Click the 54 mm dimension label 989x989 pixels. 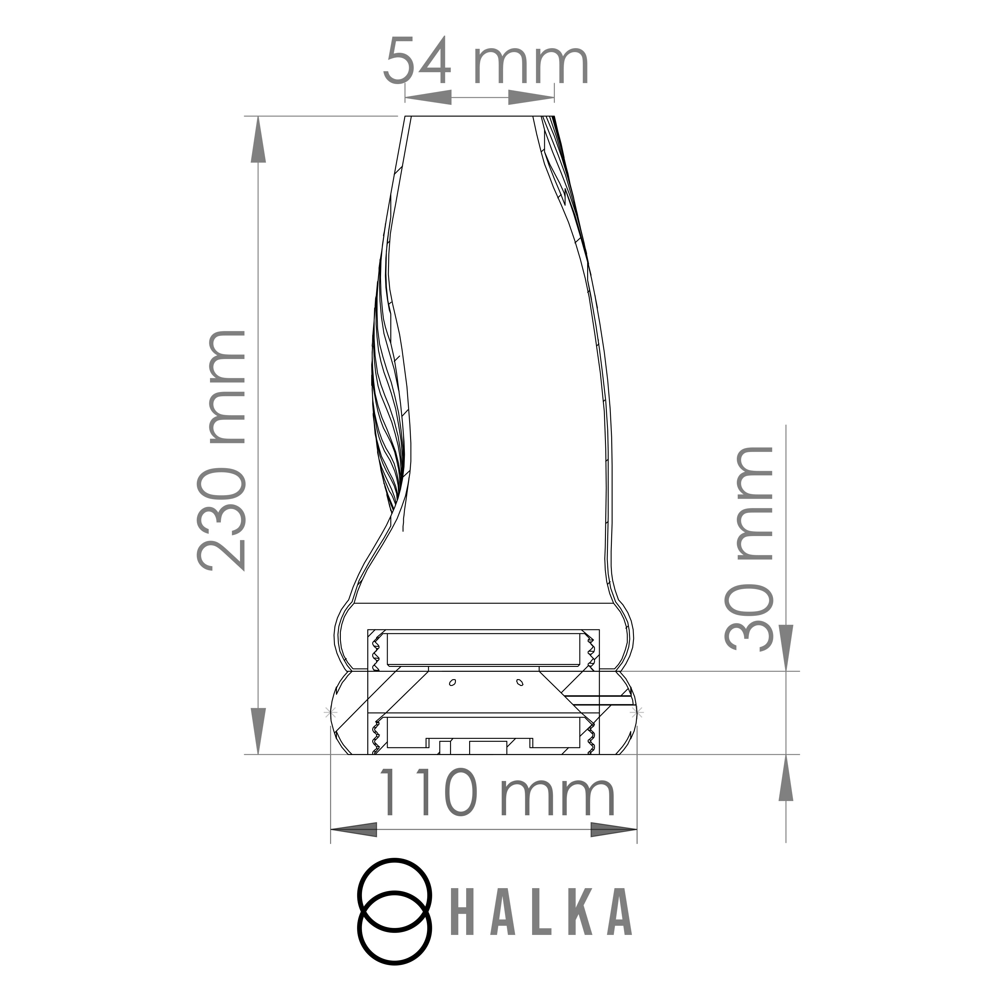pyautogui.click(x=486, y=60)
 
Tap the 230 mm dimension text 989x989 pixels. pyautogui.click(x=221, y=450)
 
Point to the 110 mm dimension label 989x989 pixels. pyautogui.click(x=495, y=793)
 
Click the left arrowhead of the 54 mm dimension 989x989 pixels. pyautogui.click(x=428, y=97)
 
